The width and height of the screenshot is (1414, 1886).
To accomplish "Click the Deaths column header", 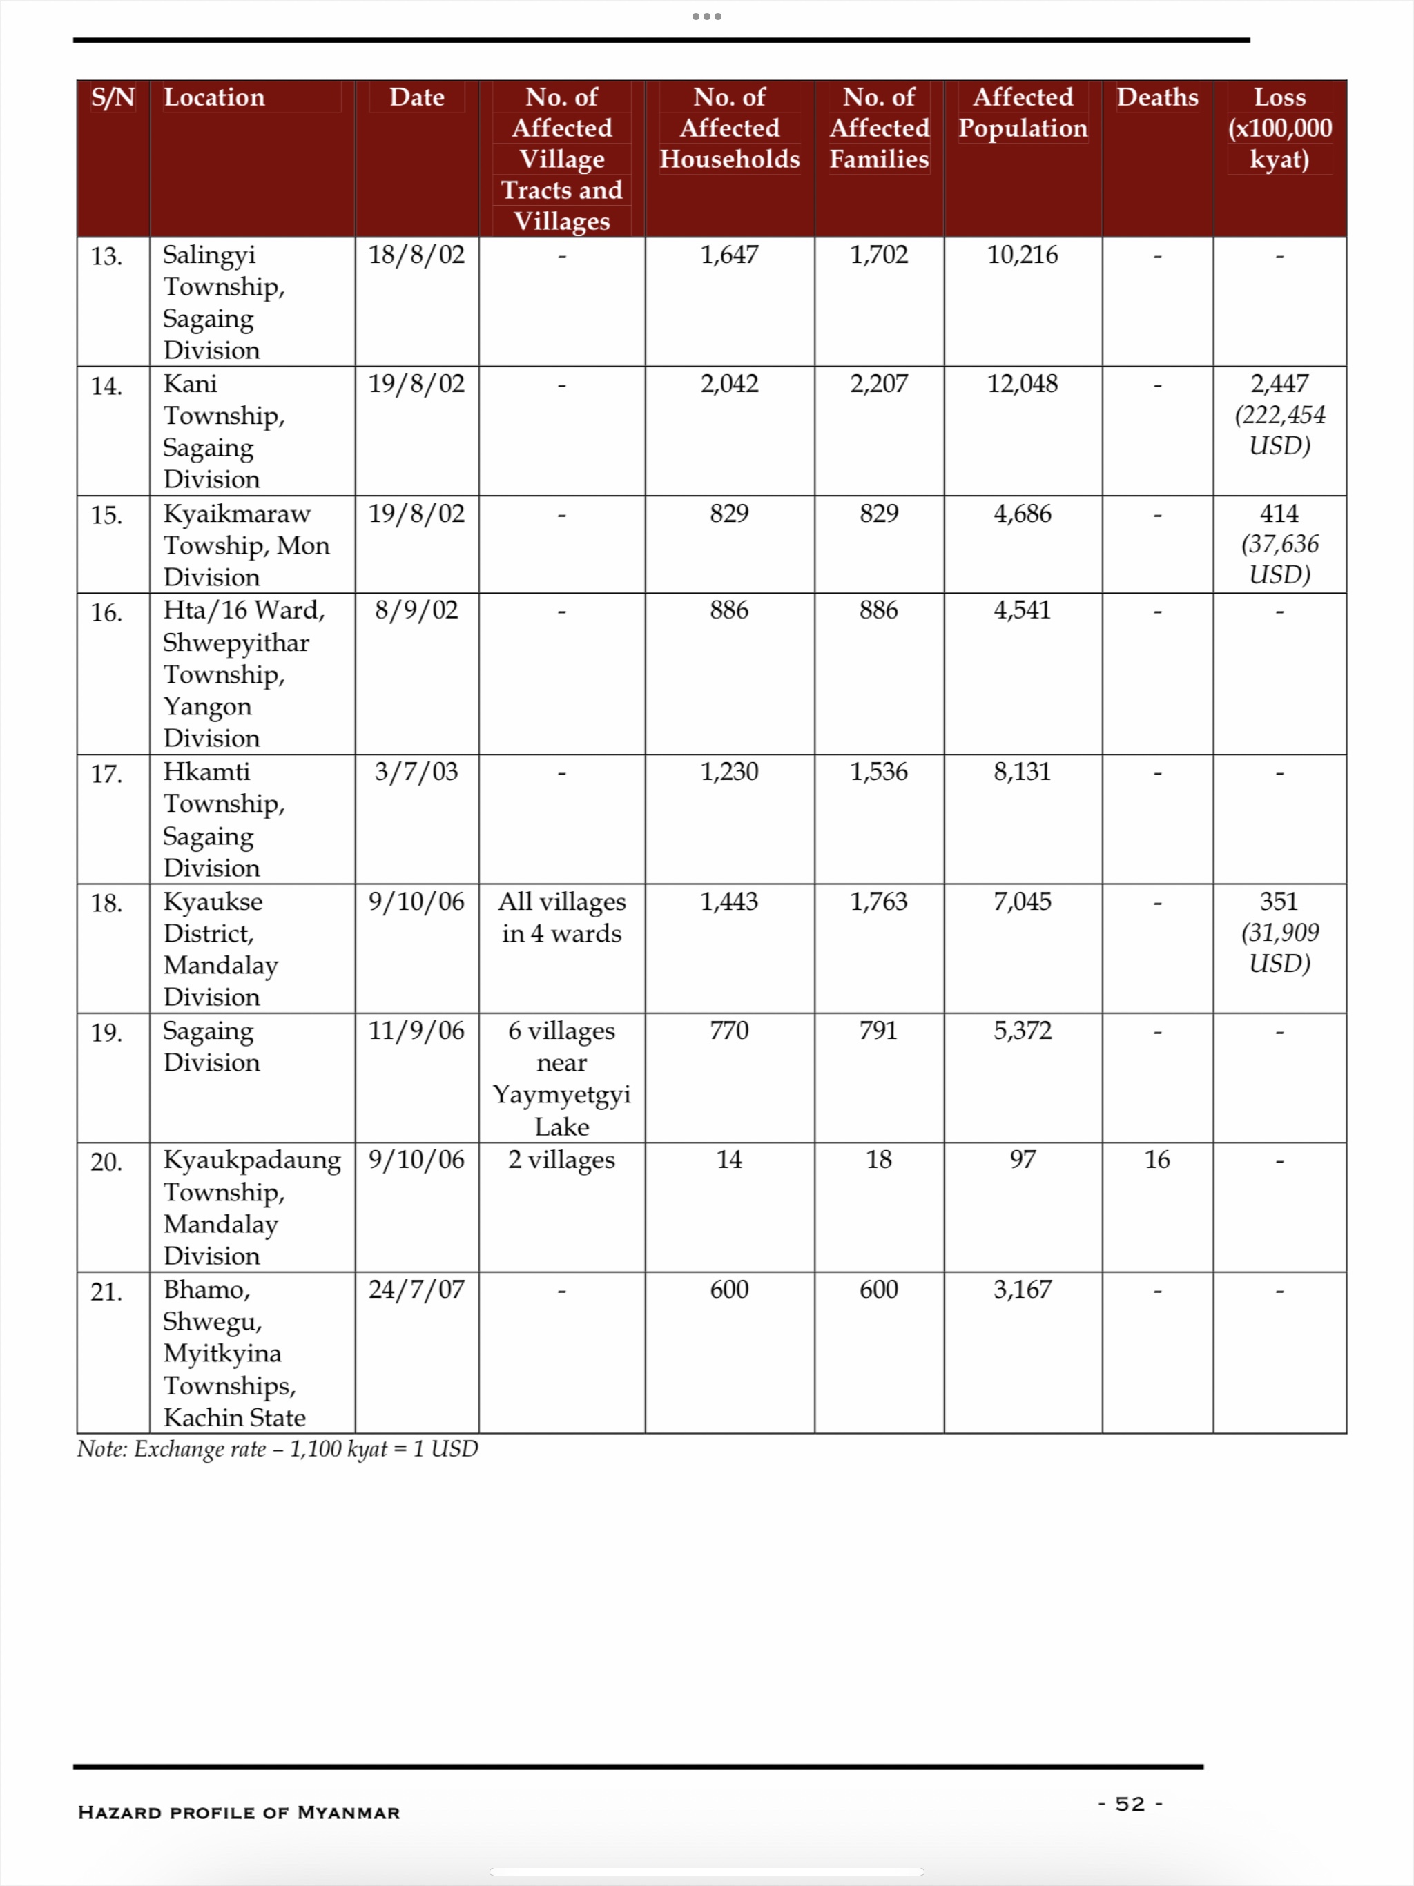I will point(1156,97).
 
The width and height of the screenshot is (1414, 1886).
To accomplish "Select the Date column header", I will point(416,97).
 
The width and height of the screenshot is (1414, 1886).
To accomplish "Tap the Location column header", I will point(214,97).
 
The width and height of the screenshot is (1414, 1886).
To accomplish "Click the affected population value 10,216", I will point(1022,255).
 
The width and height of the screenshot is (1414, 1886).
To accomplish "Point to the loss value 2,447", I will point(1279,384).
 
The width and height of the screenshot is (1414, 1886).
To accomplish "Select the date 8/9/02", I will point(416,610).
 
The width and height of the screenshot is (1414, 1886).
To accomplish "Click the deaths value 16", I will point(1156,1160).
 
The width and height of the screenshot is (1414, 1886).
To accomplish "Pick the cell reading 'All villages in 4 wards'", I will point(561,917).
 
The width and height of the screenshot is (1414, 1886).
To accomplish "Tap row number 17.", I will point(106,774).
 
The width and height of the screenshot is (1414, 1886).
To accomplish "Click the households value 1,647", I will point(729,255).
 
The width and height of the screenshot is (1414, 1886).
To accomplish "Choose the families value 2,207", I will point(878,384).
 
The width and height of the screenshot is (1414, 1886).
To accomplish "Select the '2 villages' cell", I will point(561,1160).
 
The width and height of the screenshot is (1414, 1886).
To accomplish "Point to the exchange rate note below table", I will point(277,1448).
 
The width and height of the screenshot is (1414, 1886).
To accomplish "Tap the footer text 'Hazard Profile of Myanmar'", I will point(239,1812).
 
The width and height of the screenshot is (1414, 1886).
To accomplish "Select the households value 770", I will point(729,1031).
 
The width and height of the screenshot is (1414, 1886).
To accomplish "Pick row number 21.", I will point(106,1292).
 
